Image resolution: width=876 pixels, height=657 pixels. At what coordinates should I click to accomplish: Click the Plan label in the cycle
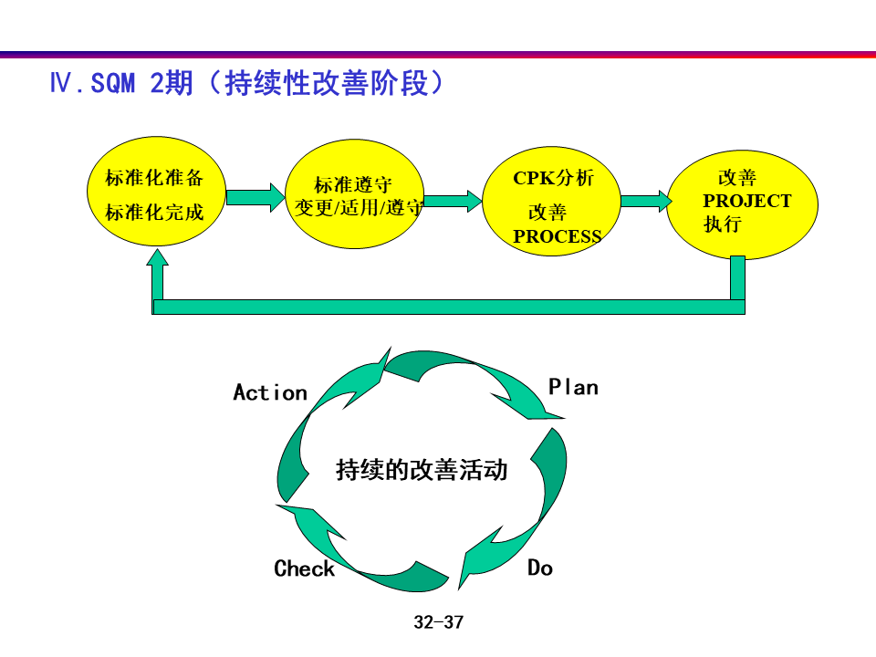pos(573,387)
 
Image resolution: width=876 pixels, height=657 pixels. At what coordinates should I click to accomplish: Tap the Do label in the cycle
pos(540,568)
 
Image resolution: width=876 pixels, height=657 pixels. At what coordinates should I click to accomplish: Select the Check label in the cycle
pos(304,568)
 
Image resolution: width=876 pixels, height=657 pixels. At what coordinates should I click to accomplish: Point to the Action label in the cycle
pos(270,392)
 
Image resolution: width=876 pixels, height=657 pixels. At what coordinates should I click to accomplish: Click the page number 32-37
pos(438,623)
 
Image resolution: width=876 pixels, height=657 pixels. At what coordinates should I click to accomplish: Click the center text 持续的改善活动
pos(422,470)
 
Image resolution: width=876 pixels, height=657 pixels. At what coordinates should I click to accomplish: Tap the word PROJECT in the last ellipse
pos(747,201)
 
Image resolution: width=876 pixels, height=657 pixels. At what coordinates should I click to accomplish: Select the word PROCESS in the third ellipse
pos(557,236)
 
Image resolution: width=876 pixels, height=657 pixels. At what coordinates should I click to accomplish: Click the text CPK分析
pos(553,178)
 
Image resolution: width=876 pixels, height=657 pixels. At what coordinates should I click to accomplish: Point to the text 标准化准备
pos(154,179)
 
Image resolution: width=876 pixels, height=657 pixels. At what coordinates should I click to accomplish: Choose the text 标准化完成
pos(154,213)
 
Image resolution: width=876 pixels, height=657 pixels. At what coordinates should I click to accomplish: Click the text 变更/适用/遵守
pos(358,207)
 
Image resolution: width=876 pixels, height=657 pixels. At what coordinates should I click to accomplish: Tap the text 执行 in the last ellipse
pos(722,224)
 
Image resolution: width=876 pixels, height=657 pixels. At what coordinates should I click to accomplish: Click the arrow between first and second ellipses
pos(255,196)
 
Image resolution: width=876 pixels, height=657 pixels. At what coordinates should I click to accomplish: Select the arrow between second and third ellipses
pos(454,200)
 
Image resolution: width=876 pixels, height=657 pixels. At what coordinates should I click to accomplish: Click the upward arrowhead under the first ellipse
pos(158,260)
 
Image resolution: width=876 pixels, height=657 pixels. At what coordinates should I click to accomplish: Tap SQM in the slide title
pos(113,85)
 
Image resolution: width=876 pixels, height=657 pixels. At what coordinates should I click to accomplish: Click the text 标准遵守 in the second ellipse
pos(353,185)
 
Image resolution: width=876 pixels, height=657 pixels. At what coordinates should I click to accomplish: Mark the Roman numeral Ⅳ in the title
pos(60,85)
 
